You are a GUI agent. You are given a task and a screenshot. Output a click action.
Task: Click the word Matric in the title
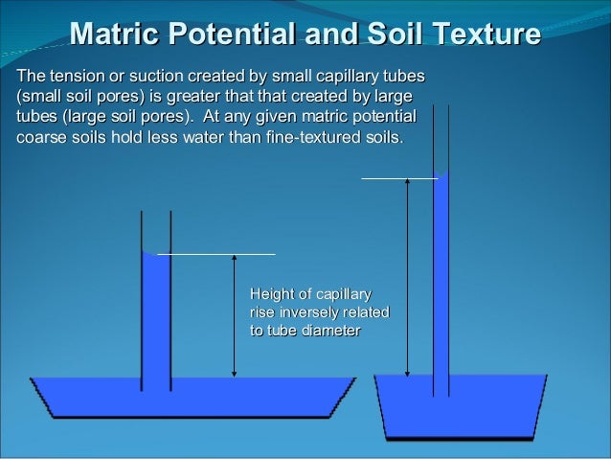(x=115, y=36)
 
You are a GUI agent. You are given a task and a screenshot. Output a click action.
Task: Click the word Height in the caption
(x=271, y=293)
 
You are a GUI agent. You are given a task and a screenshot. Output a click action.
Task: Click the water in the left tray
(x=192, y=396)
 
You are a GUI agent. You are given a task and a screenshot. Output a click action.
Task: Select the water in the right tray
(x=460, y=407)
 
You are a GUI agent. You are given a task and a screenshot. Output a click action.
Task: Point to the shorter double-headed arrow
(x=235, y=316)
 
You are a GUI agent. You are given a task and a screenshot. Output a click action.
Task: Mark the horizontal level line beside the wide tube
(x=215, y=254)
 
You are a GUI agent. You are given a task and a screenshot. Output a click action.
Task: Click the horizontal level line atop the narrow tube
(x=397, y=178)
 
